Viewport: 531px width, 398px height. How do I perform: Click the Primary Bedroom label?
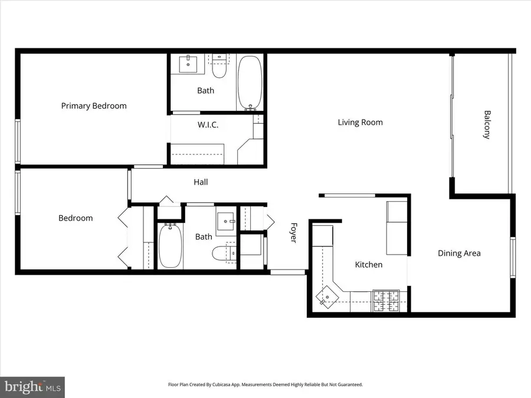94,106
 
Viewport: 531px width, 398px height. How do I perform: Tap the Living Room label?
360,123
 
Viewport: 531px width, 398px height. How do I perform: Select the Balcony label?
487,124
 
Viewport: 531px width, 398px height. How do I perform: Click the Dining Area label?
459,254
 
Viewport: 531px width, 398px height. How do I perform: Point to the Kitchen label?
368,265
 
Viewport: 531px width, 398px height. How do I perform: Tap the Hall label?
201,183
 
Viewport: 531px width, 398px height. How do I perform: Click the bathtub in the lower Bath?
169,245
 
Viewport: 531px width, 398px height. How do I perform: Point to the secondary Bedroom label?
76,218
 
